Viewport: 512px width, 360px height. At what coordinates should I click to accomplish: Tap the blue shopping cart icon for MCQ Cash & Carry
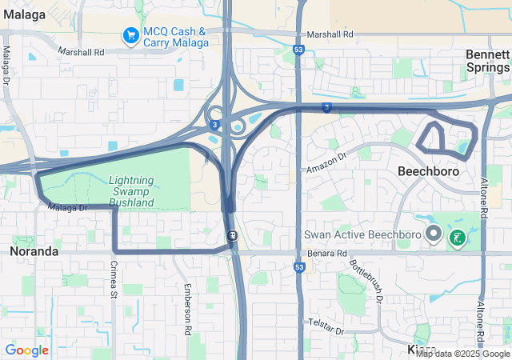click(x=130, y=35)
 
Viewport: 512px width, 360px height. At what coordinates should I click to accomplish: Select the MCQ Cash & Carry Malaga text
click(x=174, y=38)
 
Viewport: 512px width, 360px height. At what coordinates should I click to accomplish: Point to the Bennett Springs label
click(x=487, y=61)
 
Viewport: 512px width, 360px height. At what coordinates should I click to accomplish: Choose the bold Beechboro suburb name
click(x=428, y=171)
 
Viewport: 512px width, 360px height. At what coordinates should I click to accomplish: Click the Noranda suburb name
click(x=34, y=250)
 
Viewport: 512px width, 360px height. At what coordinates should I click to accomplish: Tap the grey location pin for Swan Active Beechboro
click(x=434, y=234)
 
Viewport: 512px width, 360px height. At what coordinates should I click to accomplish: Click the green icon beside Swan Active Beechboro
click(x=457, y=238)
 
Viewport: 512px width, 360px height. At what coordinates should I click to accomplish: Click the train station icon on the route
click(x=232, y=235)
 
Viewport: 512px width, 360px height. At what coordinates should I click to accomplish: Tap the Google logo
click(x=26, y=350)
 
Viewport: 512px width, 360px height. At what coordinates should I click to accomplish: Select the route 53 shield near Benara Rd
click(x=298, y=266)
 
